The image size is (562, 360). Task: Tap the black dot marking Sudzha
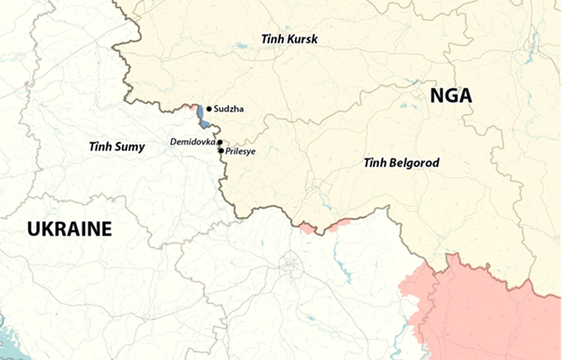209,109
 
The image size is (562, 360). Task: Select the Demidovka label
192,142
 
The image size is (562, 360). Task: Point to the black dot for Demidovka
220,142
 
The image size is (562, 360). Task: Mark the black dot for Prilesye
221,150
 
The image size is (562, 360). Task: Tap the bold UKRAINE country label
70,229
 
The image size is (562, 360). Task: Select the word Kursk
302,39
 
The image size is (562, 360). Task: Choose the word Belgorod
414,163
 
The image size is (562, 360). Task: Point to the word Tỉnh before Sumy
100,147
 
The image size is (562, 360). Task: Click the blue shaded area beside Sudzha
201,115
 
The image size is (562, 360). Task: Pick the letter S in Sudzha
216,109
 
